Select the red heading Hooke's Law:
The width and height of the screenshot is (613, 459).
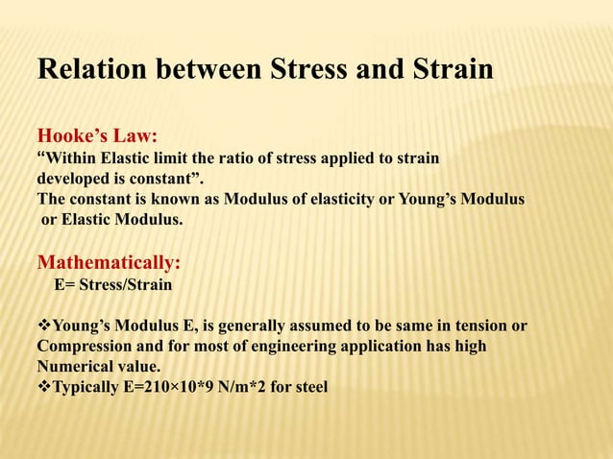[x=97, y=137]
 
